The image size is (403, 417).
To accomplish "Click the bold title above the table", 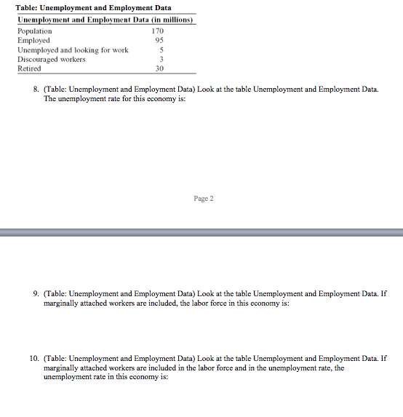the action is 93,7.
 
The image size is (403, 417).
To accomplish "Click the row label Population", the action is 35,31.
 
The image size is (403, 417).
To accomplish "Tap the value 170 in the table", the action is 158,31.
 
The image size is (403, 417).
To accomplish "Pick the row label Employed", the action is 33,41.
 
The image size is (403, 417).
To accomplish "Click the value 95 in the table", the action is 159,41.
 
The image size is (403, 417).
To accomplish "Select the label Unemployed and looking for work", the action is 73,50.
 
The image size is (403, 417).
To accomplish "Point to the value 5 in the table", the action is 160,50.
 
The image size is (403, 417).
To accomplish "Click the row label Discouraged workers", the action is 51,59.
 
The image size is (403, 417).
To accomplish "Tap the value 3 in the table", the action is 160,59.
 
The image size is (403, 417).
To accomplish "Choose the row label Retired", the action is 30,68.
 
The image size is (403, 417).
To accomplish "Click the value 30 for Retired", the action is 159,68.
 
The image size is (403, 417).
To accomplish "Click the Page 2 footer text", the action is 203,198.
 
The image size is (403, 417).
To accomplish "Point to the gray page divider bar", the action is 201,232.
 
